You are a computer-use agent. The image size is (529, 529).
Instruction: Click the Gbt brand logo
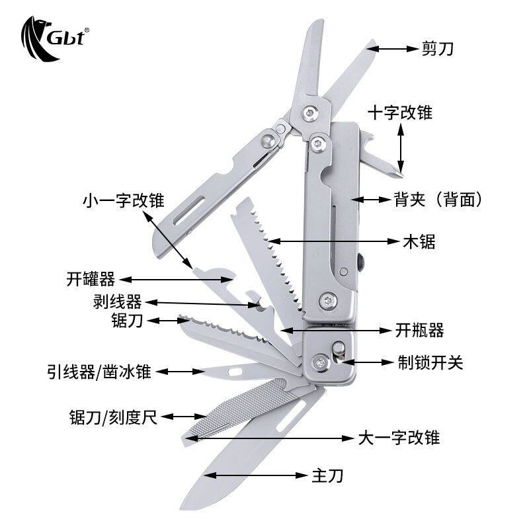pyautogui.click(x=55, y=38)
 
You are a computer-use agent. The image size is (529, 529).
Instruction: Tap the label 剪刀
pyautogui.click(x=438, y=49)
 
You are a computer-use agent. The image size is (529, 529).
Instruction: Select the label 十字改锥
pyautogui.click(x=400, y=112)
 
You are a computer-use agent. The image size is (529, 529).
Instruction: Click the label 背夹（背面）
pyautogui.click(x=438, y=200)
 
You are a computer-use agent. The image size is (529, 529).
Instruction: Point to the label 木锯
pyautogui.click(x=419, y=241)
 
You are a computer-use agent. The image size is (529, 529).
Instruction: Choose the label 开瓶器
pyautogui.click(x=419, y=330)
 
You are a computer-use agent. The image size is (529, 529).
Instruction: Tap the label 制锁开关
pyautogui.click(x=430, y=362)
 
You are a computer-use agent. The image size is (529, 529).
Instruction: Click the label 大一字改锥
pyautogui.click(x=399, y=438)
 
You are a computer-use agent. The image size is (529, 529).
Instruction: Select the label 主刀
pyautogui.click(x=327, y=475)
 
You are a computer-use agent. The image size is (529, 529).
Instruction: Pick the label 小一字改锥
pyautogui.click(x=124, y=200)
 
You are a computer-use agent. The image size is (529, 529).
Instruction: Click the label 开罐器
pyautogui.click(x=91, y=279)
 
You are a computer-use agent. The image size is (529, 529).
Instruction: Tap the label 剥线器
pyautogui.click(x=118, y=302)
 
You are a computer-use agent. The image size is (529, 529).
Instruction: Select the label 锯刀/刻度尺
pyautogui.click(x=113, y=417)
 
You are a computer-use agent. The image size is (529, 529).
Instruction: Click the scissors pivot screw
pyautogui.click(x=310, y=113)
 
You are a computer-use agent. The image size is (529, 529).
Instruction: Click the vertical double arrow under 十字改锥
pyautogui.click(x=401, y=148)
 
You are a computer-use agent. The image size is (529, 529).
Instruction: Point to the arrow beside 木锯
pyautogui.click(x=334, y=241)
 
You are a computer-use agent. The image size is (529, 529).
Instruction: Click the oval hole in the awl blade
pyautogui.click(x=235, y=372)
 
